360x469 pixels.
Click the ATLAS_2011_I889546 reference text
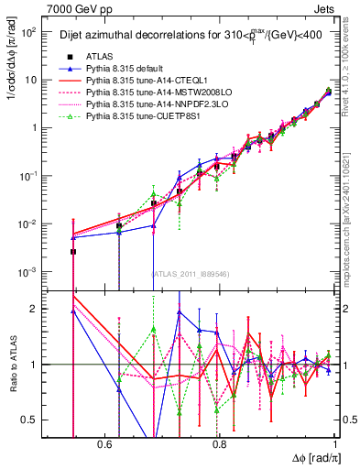[190, 273]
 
